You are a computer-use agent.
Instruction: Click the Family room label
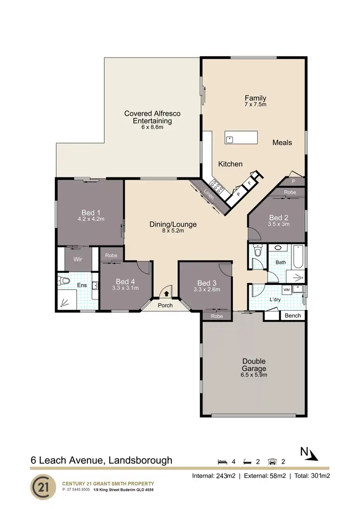pyautogui.click(x=255, y=98)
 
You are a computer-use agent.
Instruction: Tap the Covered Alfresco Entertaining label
pyautogui.click(x=152, y=117)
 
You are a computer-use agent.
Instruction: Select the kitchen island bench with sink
pyautogui.click(x=241, y=138)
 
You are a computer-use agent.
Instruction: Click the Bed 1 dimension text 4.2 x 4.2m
pyautogui.click(x=91, y=219)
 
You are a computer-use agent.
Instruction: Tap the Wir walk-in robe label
pyautogui.click(x=78, y=259)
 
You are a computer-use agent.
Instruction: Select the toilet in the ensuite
pyautogui.click(x=64, y=281)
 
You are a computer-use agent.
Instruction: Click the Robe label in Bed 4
pyautogui.click(x=111, y=255)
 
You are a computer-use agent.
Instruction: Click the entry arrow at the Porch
pyautogui.click(x=167, y=294)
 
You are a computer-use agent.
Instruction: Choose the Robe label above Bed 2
pyautogui.click(x=290, y=192)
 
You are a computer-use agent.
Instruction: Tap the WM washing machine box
pyautogui.click(x=286, y=290)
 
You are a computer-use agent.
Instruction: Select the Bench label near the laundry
pyautogui.click(x=293, y=316)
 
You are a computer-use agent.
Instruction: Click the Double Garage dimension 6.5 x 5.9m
pyautogui.click(x=254, y=375)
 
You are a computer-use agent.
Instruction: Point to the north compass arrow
pyautogui.click(x=312, y=454)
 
